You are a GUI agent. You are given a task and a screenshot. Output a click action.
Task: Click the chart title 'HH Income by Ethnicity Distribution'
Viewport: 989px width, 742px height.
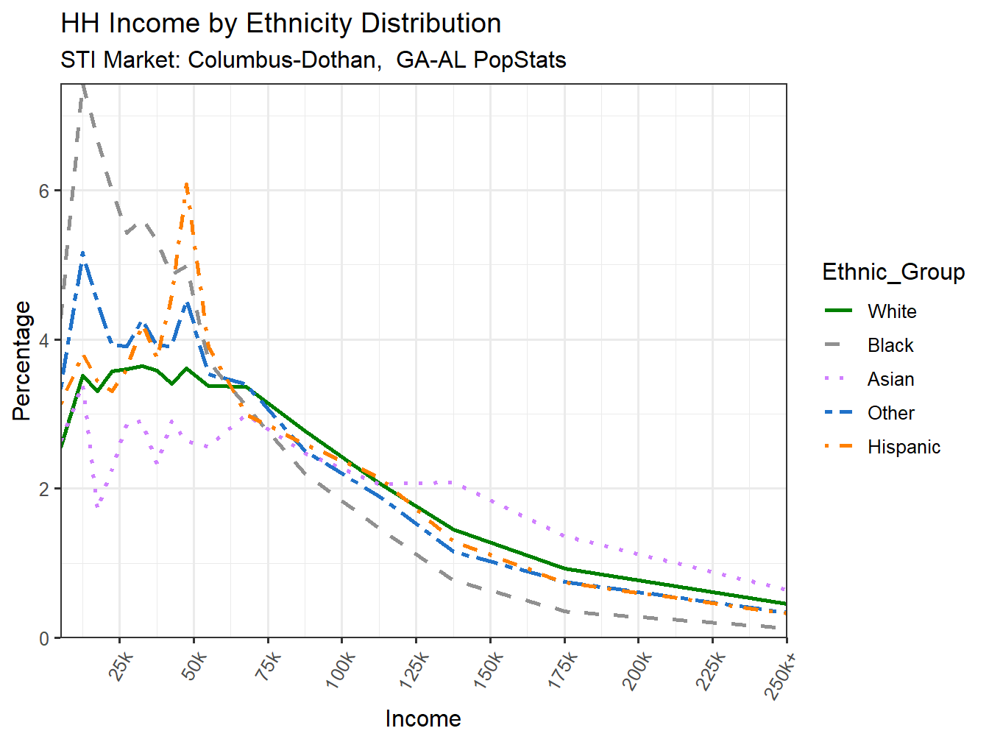(x=280, y=24)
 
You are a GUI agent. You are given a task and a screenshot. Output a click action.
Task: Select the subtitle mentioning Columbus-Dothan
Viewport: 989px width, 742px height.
(x=313, y=60)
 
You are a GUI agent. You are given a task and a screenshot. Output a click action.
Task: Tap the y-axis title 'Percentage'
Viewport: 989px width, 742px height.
(x=22, y=361)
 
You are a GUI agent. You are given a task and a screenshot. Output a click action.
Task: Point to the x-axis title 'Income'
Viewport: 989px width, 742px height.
(x=422, y=718)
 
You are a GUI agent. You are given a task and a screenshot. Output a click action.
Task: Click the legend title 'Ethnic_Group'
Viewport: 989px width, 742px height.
(x=893, y=272)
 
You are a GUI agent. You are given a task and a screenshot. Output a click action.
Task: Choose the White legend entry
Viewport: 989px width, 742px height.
(x=891, y=311)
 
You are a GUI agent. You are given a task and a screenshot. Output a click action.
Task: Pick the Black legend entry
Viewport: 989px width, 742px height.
(x=890, y=345)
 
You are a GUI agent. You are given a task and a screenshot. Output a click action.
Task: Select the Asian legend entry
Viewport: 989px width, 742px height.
(x=890, y=379)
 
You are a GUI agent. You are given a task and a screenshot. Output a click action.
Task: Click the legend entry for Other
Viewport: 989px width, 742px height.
(x=890, y=413)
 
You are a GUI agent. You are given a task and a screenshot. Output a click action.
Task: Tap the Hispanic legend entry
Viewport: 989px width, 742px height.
(x=903, y=447)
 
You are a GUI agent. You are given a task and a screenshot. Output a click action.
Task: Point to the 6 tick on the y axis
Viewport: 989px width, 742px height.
(x=44, y=191)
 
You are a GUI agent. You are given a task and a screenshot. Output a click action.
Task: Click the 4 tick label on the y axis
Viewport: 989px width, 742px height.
(x=44, y=341)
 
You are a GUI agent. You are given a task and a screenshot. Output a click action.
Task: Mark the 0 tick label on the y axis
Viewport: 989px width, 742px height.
(x=44, y=638)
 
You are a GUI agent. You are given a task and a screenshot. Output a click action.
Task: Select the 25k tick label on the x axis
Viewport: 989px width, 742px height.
(x=121, y=668)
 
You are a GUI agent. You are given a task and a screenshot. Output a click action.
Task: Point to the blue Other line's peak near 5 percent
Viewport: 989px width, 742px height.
(x=82, y=252)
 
